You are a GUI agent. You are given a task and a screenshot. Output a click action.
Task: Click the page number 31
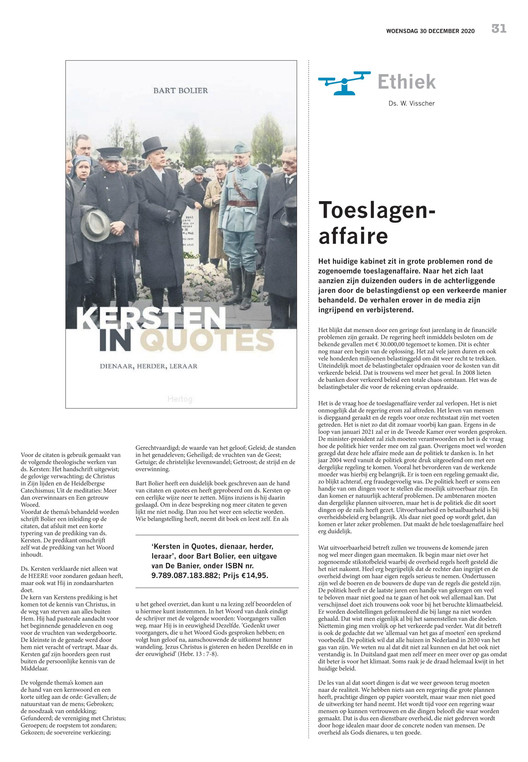click(x=499, y=29)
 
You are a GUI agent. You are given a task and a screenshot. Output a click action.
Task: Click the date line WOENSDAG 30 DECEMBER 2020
click(x=430, y=31)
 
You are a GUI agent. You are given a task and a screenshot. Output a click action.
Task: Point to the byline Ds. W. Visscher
click(x=412, y=104)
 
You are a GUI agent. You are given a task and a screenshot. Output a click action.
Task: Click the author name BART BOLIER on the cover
click(x=181, y=91)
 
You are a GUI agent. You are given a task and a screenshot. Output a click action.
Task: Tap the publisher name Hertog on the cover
click(x=180, y=399)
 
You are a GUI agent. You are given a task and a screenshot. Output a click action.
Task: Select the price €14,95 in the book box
click(x=254, y=576)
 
